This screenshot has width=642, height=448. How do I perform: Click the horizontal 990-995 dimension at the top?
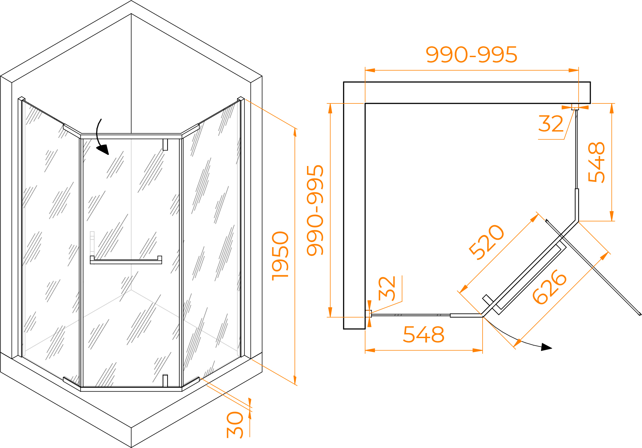[471, 55]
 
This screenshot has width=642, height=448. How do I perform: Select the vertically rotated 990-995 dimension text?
[315, 210]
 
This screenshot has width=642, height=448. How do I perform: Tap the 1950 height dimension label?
[280, 256]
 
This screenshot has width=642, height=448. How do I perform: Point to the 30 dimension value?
[235, 425]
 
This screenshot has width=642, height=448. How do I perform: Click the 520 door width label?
[487, 242]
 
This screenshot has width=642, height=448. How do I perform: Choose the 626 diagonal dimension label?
[549, 287]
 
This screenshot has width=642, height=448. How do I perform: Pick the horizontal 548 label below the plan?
[423, 335]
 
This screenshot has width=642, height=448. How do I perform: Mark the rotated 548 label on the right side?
[596, 162]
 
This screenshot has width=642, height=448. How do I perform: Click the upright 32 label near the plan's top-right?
[551, 124]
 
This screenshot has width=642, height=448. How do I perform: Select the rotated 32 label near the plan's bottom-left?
[387, 288]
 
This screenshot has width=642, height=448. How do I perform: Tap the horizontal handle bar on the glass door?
[126, 260]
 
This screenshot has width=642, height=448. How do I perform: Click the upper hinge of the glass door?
[165, 145]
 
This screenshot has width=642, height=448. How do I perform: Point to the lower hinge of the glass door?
[165, 380]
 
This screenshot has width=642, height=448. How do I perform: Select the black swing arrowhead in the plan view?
[546, 347]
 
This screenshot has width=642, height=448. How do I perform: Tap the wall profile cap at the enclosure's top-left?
[22, 99]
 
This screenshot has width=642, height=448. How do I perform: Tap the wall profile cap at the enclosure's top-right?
[241, 99]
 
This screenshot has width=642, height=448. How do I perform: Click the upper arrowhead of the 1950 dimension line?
[295, 133]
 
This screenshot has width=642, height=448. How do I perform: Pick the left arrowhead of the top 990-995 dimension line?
[370, 70]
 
